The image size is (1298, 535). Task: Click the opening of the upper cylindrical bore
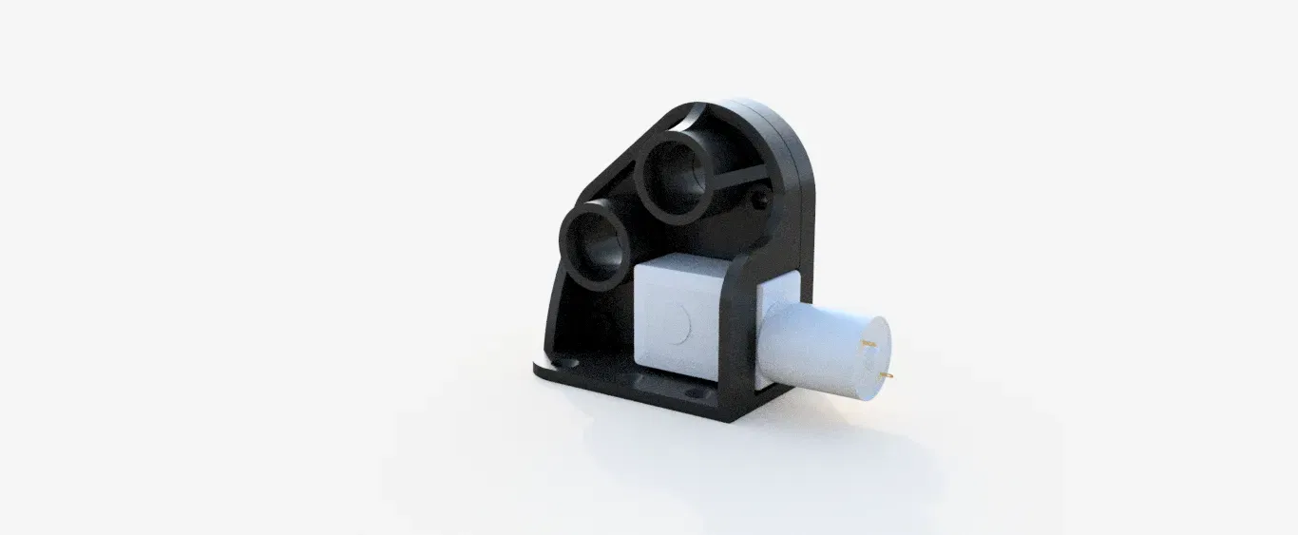(677, 173)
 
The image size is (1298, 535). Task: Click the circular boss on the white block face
(677, 323)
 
